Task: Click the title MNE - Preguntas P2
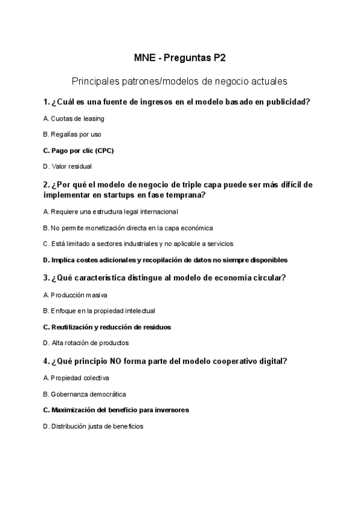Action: click(x=179, y=59)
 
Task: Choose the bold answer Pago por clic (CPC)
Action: click(x=79, y=151)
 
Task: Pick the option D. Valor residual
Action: click(x=67, y=166)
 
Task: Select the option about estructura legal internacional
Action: click(x=110, y=212)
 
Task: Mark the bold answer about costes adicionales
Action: click(x=165, y=260)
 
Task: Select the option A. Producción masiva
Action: click(x=76, y=295)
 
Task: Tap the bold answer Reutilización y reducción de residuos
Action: click(x=107, y=327)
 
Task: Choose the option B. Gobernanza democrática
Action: click(x=83, y=394)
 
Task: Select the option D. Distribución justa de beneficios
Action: click(x=93, y=426)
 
